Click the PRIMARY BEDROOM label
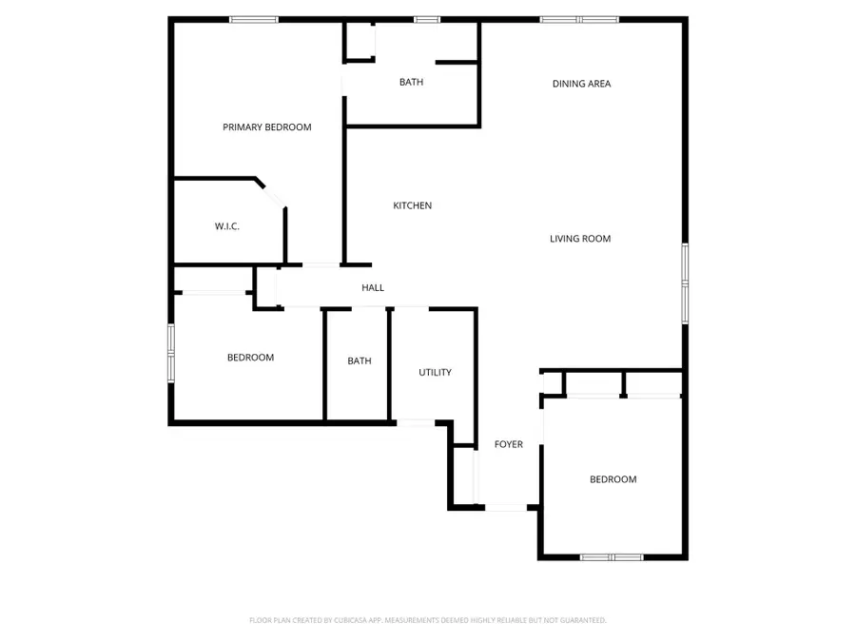[266, 127]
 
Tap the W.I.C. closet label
[226, 226]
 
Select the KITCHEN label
[413, 205]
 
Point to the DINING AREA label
[581, 84]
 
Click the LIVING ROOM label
[580, 239]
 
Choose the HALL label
[373, 287]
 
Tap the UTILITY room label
[435, 373]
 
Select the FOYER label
[509, 444]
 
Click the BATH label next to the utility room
[359, 361]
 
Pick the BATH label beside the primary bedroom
[411, 83]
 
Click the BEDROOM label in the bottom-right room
[613, 479]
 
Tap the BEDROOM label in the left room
[250, 358]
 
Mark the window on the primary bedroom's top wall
[254, 19]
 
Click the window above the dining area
[579, 19]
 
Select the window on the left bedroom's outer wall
[171, 353]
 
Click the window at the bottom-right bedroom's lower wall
[612, 556]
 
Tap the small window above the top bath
[426, 19]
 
